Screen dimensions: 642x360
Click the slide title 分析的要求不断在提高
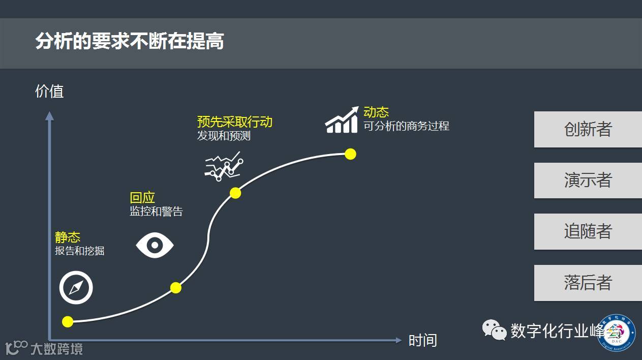tap(130, 42)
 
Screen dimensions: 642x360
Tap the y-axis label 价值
tap(49, 91)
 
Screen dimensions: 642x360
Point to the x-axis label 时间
tap(422, 340)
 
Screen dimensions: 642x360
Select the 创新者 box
tap(588, 129)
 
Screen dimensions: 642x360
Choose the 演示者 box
tap(588, 180)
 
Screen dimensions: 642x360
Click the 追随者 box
tap(588, 231)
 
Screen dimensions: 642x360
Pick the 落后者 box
tap(588, 282)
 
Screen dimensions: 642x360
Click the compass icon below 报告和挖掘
tap(76, 288)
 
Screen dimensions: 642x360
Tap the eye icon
tap(155, 246)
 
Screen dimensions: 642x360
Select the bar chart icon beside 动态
tap(342, 120)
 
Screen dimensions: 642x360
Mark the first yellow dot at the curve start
tap(68, 321)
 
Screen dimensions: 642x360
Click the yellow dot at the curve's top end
tap(350, 154)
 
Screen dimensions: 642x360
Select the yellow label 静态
tap(68, 237)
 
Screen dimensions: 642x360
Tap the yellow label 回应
tap(142, 198)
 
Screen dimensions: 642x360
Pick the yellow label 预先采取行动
tap(235, 122)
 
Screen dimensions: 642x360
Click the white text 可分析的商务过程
tap(406, 126)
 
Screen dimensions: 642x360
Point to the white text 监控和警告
tap(156, 212)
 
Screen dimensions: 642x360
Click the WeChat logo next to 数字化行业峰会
tap(494, 330)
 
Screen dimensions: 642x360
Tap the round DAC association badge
tap(617, 333)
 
